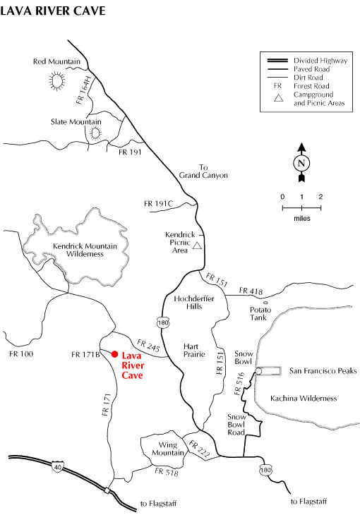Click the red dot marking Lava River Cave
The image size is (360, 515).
114,354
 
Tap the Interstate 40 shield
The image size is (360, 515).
58,466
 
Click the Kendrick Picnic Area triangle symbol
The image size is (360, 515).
197,246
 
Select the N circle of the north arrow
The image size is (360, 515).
301,163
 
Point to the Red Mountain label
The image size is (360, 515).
56,61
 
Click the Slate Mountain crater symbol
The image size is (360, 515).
95,133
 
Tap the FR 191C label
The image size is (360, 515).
158,204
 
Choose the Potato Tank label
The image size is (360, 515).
260,313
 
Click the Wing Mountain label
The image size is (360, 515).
168,449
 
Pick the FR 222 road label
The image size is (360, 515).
199,449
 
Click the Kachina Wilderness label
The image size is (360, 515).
304,399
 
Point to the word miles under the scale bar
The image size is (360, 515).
302,219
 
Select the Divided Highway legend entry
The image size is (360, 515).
320,61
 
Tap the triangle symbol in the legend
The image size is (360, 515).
279,98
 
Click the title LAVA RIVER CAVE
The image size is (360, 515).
53,11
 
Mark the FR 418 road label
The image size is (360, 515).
251,291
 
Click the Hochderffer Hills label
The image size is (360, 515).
194,303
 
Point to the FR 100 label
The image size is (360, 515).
21,353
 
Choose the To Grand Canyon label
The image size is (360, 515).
203,171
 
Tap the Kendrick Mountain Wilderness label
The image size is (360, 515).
85,250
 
